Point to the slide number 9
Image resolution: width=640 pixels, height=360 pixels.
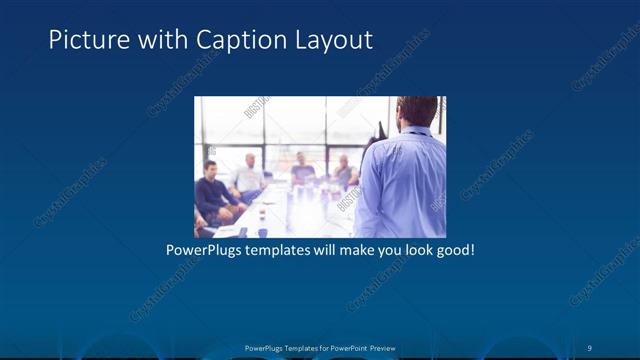[590, 348]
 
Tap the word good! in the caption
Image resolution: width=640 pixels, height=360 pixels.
[455, 249]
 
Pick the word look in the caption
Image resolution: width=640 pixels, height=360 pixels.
[416, 249]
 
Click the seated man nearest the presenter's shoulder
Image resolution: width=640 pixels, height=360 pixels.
[344, 171]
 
